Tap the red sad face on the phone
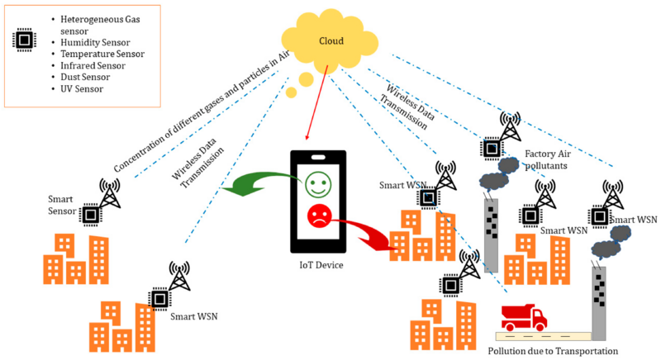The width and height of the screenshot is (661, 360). [x=318, y=217]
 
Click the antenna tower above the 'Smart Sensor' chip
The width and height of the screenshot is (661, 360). [x=109, y=194]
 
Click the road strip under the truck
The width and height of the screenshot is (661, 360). [x=541, y=336]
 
